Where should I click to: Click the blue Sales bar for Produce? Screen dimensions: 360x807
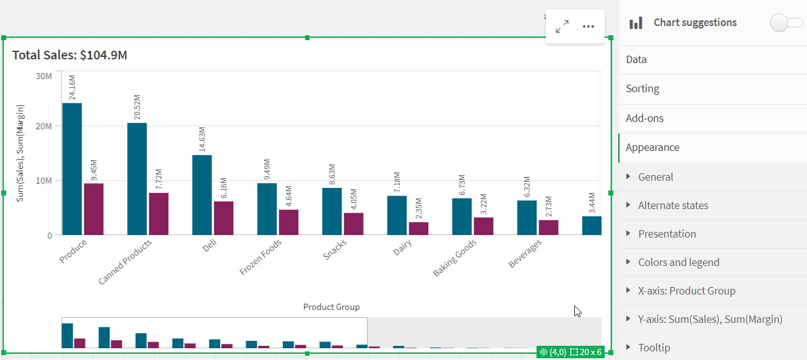pos(72,169)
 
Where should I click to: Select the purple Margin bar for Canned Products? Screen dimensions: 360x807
pos(158,214)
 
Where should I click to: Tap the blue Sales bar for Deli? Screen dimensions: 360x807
pos(202,195)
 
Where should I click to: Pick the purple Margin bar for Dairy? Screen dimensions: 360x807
pos(418,228)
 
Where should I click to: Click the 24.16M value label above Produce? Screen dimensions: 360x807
pos(72,87)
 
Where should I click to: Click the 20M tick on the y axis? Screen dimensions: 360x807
pos(43,126)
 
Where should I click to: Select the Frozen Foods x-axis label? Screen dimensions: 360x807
pos(261,257)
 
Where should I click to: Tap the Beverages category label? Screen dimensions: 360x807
pos(525,253)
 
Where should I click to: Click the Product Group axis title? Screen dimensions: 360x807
pos(331,307)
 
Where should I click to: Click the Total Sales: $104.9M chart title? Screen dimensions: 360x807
pos(70,55)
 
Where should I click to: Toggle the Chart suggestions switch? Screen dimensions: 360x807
pos(786,23)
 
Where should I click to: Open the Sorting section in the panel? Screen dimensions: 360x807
pos(642,88)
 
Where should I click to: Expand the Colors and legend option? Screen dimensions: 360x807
pos(678,262)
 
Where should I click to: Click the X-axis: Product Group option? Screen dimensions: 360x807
pos(686,291)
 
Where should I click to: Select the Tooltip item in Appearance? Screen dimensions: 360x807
pos(654,348)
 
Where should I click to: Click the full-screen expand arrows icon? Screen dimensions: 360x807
pos(562,27)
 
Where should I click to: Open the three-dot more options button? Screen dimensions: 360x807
pos(589,27)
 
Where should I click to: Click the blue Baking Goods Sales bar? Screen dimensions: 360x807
pos(462,216)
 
